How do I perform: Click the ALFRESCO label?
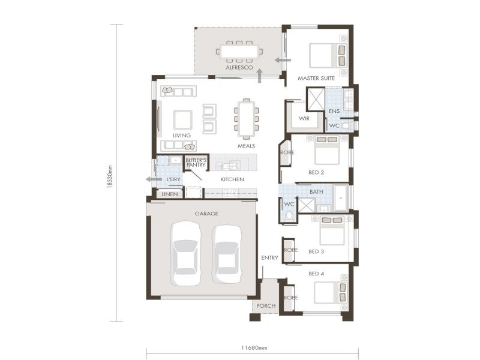239,67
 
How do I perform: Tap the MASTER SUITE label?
316,78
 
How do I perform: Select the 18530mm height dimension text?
110,177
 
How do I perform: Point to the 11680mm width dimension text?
254,348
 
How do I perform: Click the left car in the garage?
185,254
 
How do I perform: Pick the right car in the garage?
227,254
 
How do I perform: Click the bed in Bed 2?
327,151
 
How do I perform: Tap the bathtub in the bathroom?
341,198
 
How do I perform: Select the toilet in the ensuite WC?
346,125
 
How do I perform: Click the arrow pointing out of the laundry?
154,179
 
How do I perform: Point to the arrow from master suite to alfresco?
283,60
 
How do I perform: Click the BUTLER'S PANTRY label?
196,163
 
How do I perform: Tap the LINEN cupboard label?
170,194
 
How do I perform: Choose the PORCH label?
266,306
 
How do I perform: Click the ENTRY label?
269,258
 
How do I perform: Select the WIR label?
304,118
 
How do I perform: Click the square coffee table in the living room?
183,119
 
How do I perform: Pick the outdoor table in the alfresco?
239,52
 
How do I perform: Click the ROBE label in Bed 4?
290,298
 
